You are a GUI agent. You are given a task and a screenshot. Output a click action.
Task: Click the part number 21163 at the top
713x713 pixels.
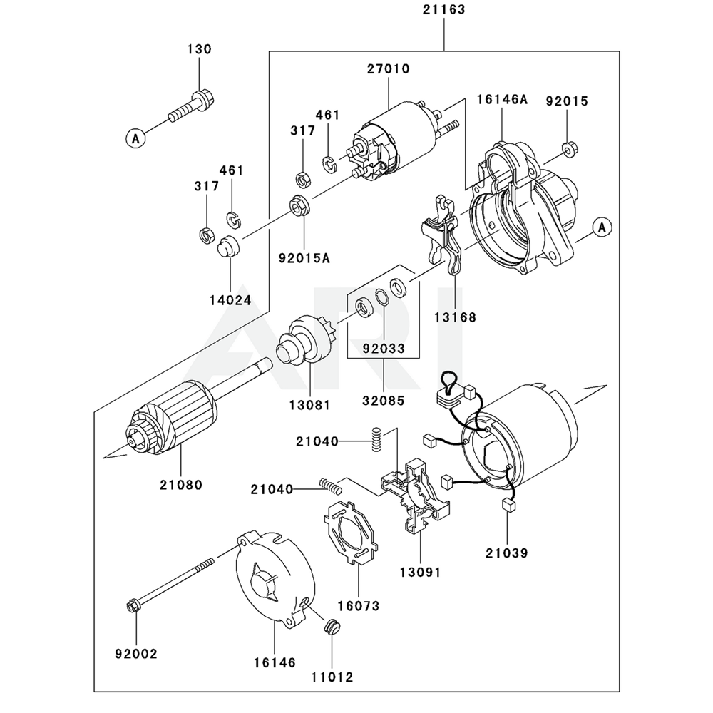[443, 10]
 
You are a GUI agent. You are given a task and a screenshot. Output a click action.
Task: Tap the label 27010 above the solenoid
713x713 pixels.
[389, 69]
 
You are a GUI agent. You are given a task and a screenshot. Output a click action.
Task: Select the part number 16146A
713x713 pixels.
[502, 100]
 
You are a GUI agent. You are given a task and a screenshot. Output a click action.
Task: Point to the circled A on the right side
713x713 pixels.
[602, 227]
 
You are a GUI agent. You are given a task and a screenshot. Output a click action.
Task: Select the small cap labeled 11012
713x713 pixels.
[332, 627]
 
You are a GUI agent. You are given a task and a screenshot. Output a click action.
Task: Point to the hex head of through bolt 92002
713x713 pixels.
[134, 607]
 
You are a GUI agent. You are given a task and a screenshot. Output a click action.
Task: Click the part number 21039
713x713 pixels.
[507, 553]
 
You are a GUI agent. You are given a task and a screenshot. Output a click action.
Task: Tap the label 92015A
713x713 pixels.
[304, 257]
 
